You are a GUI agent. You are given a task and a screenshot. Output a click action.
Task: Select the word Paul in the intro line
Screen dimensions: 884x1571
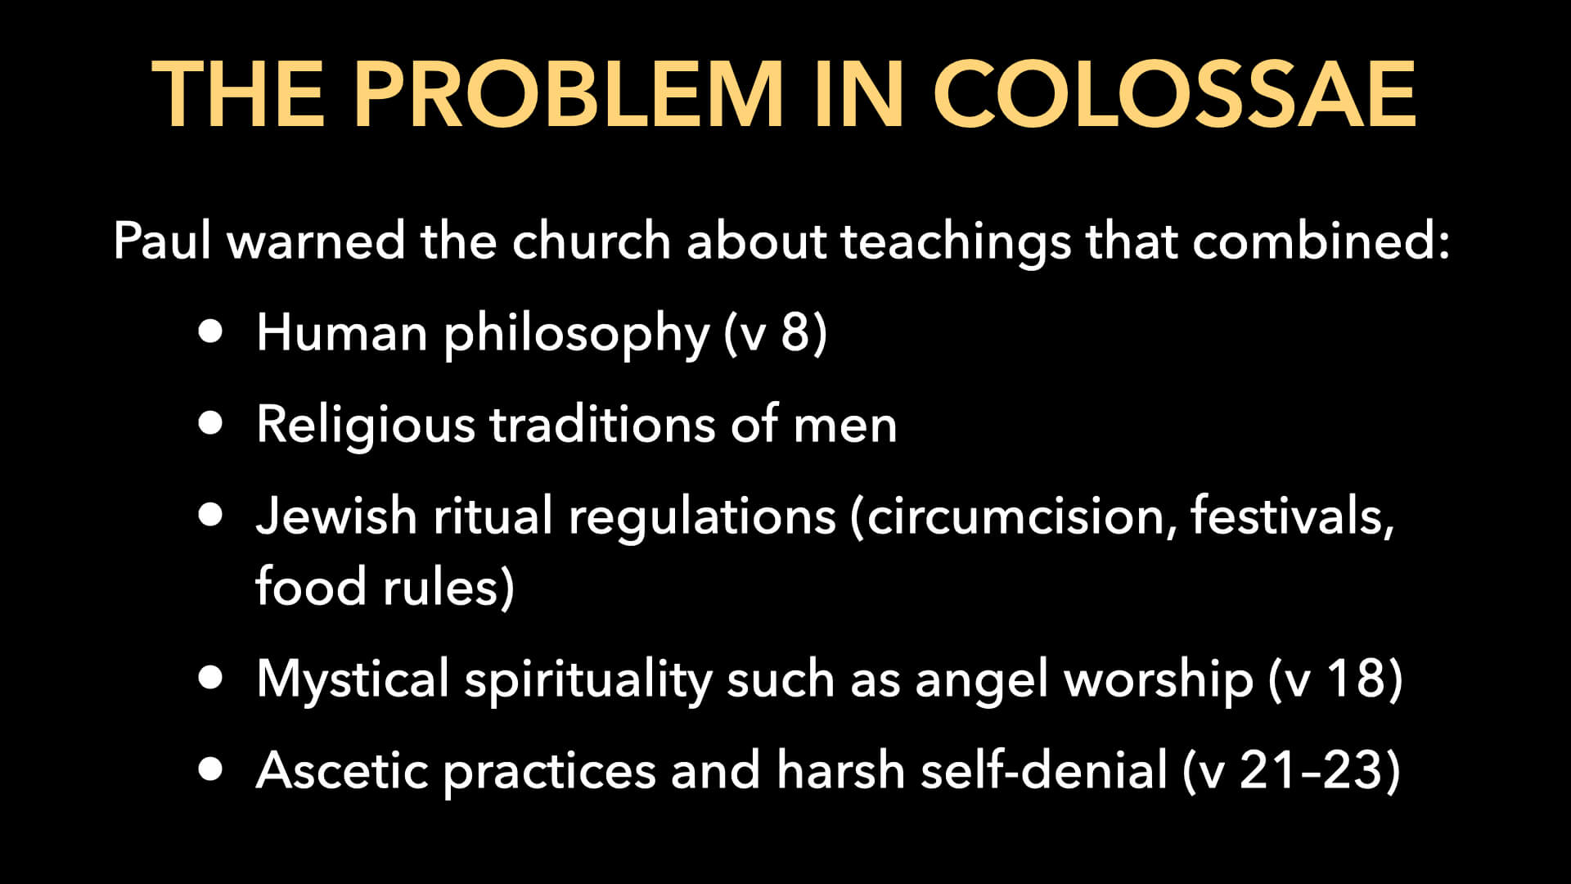(x=162, y=241)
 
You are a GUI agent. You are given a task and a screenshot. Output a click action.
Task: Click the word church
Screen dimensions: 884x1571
(x=591, y=241)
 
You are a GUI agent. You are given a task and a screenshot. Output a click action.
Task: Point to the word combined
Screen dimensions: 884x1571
(x=1320, y=241)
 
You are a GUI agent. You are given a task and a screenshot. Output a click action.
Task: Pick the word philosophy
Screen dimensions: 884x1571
(x=576, y=334)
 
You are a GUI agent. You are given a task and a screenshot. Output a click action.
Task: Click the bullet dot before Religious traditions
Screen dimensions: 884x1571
(x=210, y=422)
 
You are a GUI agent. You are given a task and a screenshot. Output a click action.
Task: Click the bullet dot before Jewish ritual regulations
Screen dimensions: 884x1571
(x=210, y=514)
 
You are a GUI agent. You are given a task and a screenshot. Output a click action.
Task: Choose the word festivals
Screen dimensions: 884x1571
(x=1292, y=516)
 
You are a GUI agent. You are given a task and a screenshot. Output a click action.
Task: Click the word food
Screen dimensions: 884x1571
(x=310, y=586)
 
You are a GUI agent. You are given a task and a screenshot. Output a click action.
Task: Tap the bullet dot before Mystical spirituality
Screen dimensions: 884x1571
(x=210, y=678)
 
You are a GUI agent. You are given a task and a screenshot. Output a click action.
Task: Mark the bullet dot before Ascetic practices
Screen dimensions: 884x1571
(x=210, y=769)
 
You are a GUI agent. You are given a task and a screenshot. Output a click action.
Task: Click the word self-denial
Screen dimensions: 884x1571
(x=1043, y=770)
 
